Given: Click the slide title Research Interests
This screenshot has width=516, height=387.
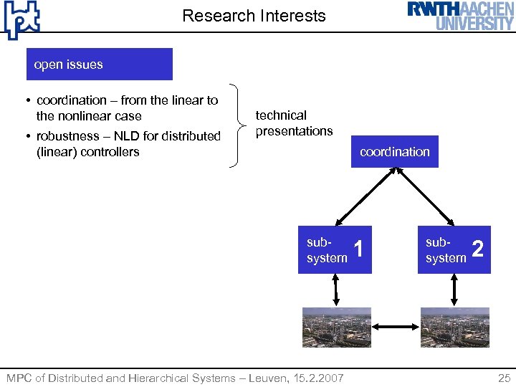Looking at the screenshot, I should [x=254, y=16].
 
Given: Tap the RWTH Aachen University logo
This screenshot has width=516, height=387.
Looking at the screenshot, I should [x=461, y=16].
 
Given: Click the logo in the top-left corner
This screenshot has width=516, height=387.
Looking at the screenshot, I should [x=21, y=19].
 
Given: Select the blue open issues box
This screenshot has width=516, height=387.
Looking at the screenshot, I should [x=99, y=64].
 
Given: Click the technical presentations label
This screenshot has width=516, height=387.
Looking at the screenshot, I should [x=294, y=123].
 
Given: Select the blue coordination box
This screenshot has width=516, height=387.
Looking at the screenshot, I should [x=394, y=152].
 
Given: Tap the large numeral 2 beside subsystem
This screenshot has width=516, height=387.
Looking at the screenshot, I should [x=478, y=249].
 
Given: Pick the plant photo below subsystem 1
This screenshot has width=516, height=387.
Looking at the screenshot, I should [x=336, y=328].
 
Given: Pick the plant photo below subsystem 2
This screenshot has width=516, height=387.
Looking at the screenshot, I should [x=455, y=328].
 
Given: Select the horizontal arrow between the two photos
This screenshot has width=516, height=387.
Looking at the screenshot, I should [x=396, y=328].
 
